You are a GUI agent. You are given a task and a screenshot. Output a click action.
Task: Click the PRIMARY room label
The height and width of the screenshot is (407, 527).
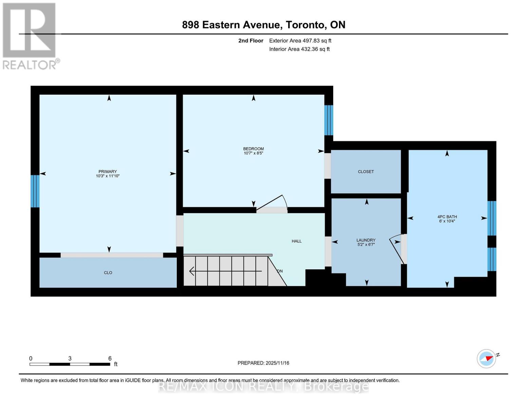coord(108,171)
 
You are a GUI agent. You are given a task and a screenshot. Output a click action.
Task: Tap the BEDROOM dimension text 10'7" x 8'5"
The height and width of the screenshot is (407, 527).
coord(253,153)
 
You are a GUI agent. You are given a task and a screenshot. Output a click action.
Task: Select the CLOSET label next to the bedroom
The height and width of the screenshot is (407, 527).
coord(366,172)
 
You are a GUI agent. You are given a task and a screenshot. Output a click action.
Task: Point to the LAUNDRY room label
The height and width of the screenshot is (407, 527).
coord(366,240)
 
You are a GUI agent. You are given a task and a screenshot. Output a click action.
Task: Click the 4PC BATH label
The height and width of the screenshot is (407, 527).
coord(447,217)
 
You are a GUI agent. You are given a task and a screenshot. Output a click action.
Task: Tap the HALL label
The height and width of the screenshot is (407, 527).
coord(297,241)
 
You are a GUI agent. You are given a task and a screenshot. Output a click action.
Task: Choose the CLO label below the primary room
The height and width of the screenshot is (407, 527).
coord(108,273)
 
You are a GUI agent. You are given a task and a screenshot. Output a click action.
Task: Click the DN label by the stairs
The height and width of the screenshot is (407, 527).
coord(280,271)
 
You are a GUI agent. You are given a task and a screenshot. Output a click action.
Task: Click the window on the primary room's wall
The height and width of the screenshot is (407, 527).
coord(35,191)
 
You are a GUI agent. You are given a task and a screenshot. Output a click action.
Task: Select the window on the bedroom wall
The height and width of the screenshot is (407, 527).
coord(328,120)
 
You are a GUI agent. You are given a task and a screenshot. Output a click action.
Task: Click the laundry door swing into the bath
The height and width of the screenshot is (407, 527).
coord(396,249)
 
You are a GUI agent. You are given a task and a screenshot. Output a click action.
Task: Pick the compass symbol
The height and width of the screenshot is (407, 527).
coord(486,358)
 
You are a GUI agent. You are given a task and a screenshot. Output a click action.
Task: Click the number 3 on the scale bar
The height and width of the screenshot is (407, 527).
coord(70,358)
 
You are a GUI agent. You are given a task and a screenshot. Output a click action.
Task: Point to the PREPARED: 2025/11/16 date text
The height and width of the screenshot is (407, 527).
coord(263,363)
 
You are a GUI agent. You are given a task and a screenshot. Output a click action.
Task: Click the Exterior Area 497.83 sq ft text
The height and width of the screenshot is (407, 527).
coord(300,41)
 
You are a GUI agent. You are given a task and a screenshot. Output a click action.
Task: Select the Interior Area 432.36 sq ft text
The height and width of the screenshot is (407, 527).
coord(299,49)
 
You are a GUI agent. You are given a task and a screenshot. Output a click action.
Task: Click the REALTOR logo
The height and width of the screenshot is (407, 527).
coord(30,36)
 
